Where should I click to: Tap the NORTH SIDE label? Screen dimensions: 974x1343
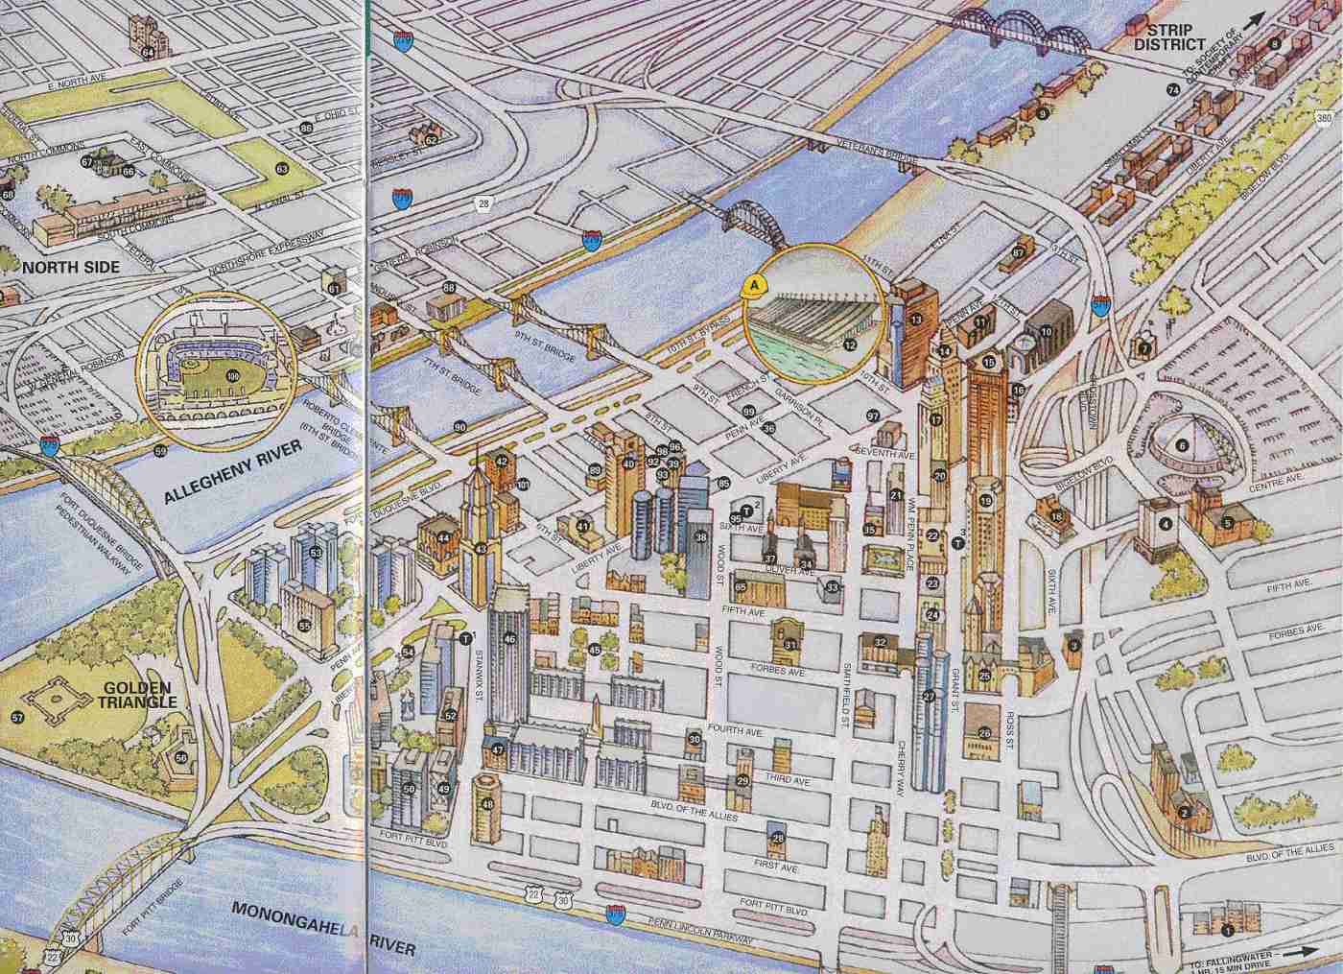[60, 267]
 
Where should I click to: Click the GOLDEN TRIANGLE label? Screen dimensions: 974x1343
[136, 695]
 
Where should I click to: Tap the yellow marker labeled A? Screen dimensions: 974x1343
[756, 285]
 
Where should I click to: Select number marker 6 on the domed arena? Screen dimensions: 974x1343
[1183, 444]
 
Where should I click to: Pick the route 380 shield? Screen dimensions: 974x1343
[1325, 117]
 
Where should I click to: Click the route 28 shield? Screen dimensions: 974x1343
[483, 202]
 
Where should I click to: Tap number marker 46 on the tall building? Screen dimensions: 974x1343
[509, 638]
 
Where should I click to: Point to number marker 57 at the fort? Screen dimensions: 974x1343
[16, 718]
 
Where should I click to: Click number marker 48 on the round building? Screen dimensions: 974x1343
[487, 804]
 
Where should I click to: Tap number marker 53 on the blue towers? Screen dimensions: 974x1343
[316, 553]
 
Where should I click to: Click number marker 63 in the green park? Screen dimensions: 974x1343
[281, 169]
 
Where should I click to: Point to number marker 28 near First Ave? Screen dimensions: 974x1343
[778, 838]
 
